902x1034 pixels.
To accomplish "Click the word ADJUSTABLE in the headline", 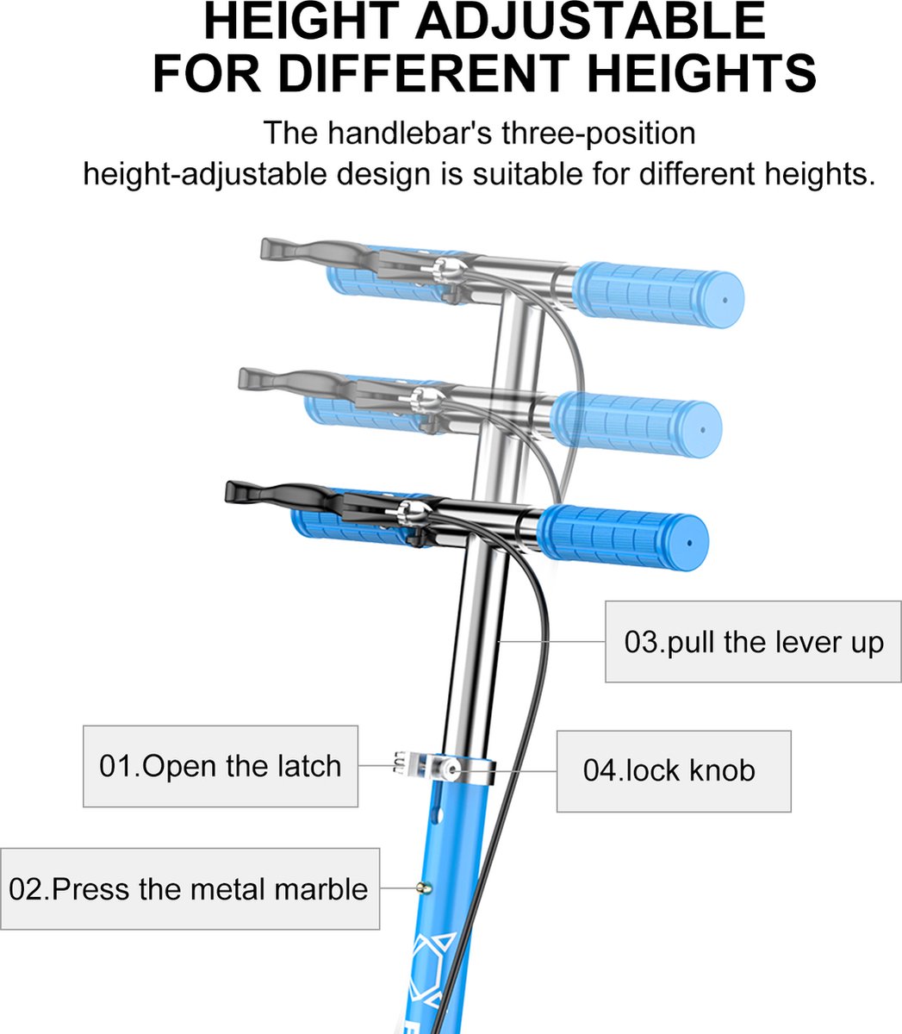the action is [590, 22].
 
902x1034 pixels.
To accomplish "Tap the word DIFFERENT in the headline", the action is [424, 73].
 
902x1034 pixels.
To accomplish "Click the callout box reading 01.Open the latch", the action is [221, 766].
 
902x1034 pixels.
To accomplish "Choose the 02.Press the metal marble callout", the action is [190, 889].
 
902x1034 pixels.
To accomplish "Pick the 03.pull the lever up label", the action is [754, 642].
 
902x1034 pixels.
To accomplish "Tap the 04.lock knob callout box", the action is [674, 771].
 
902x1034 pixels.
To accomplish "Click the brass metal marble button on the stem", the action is [424, 888].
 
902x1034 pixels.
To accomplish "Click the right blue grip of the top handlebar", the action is [659, 295].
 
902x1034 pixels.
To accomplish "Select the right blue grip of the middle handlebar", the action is [638, 424].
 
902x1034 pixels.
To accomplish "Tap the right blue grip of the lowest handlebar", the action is [623, 537].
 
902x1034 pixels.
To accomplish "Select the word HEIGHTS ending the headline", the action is [701, 73].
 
